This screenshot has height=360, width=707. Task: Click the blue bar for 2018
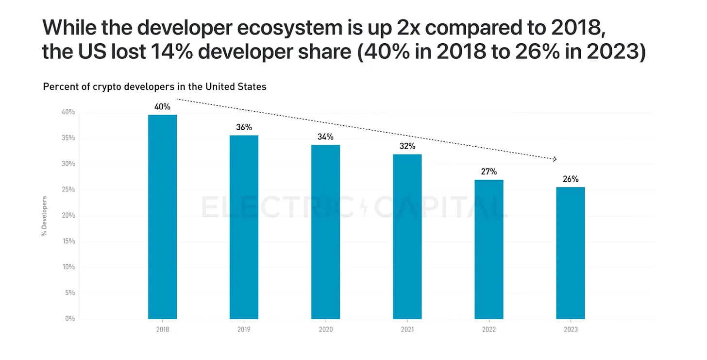point(162,217)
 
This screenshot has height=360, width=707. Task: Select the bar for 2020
point(325,232)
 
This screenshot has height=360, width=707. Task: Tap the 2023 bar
point(571,253)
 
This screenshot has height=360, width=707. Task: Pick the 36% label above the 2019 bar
point(244,127)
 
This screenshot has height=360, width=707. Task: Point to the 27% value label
point(489,171)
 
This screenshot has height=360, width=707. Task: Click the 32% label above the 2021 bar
point(407,146)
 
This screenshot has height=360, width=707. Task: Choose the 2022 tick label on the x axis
point(489,329)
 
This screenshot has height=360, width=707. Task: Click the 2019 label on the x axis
point(244,329)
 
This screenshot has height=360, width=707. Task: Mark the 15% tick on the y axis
point(68,241)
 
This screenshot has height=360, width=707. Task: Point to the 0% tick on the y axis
point(70,319)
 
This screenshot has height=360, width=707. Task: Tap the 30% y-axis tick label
point(68,164)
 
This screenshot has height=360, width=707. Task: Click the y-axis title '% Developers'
point(44,216)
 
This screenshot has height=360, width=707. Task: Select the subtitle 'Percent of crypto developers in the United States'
point(154,87)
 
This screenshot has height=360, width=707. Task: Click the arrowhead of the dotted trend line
point(554,159)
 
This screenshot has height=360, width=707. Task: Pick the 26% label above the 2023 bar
point(571,179)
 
